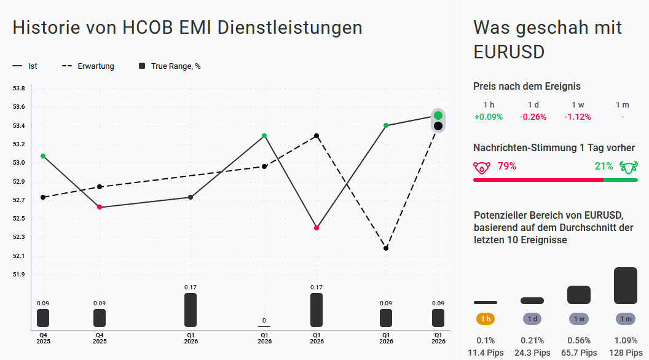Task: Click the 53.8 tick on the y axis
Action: click(x=19, y=88)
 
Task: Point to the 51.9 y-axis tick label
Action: click(x=19, y=275)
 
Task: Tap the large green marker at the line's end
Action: click(x=438, y=115)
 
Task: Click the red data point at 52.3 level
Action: click(x=317, y=228)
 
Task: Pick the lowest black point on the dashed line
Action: click(x=386, y=248)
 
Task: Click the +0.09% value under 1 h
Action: click(x=489, y=117)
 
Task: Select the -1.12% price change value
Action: click(x=577, y=117)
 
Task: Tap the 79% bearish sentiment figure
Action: click(x=506, y=166)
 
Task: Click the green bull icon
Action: click(x=629, y=166)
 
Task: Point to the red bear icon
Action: click(x=482, y=166)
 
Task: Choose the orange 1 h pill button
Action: click(x=486, y=319)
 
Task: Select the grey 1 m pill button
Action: click(x=626, y=319)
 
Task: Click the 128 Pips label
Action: click(x=626, y=353)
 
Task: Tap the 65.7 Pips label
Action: click(x=578, y=353)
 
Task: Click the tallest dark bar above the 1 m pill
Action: click(x=626, y=286)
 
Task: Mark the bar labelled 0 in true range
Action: click(x=264, y=326)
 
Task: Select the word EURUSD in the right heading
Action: click(x=509, y=52)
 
